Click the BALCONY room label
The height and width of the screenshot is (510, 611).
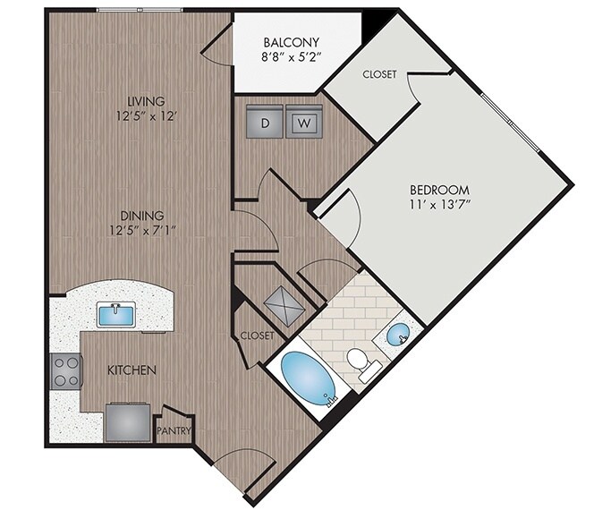click(292, 43)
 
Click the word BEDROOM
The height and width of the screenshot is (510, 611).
click(439, 191)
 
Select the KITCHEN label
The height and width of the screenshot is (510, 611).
click(132, 370)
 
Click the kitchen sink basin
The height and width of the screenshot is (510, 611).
click(116, 315)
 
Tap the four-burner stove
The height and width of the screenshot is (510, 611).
click(66, 370)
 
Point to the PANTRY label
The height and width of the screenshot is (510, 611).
click(174, 431)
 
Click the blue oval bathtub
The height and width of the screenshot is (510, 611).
click(310, 378)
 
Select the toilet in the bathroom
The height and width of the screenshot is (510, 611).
click(359, 361)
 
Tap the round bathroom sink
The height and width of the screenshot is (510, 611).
click(398, 336)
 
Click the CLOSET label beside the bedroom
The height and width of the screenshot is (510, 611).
click(379, 75)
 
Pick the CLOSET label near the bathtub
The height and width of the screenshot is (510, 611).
click(256, 336)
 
